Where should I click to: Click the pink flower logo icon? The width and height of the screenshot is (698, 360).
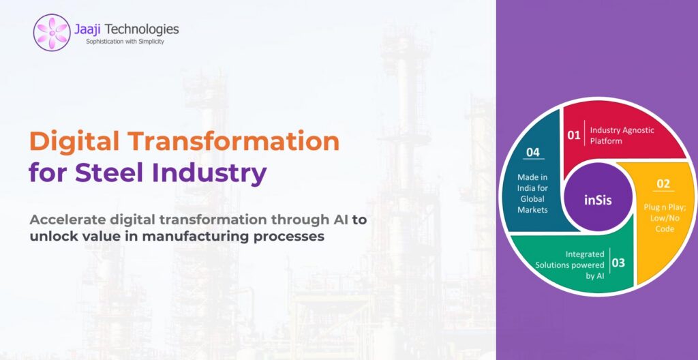pos(52,32)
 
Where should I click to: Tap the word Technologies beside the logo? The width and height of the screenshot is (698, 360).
pos(142,30)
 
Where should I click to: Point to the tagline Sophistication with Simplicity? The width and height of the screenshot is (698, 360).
pos(125,42)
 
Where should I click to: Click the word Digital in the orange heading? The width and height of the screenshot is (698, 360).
pos(74,142)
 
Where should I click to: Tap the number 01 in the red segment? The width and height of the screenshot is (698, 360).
pos(573,134)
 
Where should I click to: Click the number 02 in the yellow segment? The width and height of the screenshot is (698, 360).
pos(663,183)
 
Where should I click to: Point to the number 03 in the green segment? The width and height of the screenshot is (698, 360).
pos(618,263)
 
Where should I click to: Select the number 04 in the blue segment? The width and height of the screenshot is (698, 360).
pos(533,152)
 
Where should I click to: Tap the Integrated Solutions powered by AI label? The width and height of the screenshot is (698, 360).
pos(570,265)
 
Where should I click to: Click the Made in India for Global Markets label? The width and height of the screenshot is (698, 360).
pos(532,194)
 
